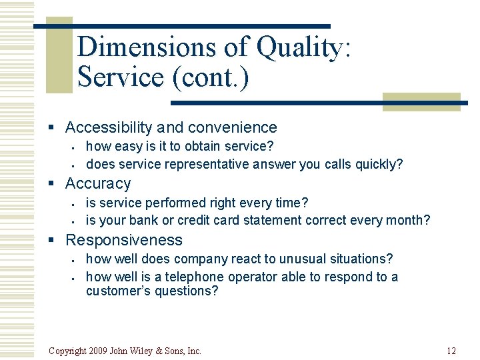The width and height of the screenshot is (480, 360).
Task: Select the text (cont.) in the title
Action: [x=210, y=77]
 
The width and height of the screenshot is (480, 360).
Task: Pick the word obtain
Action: [x=205, y=146]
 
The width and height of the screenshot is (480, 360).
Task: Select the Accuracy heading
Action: [x=98, y=183]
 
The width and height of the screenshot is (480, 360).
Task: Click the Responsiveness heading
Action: [x=123, y=240]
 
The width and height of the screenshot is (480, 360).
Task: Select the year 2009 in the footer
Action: [x=97, y=351]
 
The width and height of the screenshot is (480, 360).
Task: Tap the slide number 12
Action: [x=451, y=351]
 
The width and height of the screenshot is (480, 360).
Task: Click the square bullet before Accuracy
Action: [x=57, y=184]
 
